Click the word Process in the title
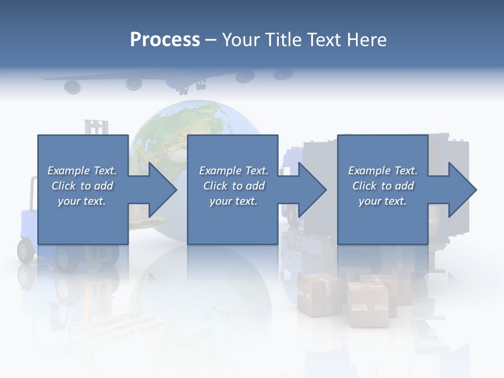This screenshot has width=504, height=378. click(165, 40)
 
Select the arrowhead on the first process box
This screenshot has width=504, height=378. click(162, 190)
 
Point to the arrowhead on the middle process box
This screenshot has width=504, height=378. click(312, 190)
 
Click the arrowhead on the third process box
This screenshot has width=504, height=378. click(462, 190)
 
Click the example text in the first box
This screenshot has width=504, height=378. click(82, 186)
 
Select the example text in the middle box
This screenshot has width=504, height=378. click(234, 186)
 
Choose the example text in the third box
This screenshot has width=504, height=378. click(383, 186)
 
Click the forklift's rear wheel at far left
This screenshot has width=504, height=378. click(26, 250)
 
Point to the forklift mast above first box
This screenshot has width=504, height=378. click(96, 127)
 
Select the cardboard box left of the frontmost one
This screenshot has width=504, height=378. click(319, 294)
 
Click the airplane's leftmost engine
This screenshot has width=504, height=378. click(72, 86)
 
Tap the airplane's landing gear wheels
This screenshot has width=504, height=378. click(184, 90)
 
